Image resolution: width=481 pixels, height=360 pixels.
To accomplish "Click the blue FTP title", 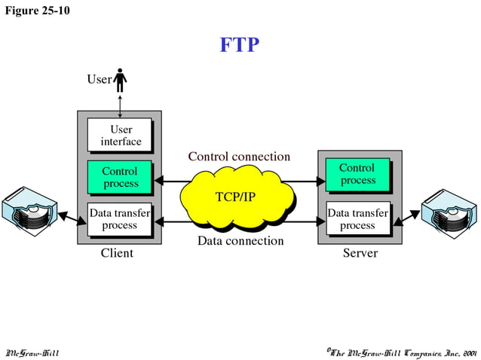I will (240, 45).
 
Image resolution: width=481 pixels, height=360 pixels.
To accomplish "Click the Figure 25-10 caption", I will (37, 11).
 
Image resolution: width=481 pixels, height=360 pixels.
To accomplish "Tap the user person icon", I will (121, 79).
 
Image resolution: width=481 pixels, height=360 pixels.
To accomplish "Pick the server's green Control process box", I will (357, 174).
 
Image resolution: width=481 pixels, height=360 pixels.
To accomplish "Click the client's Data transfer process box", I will (120, 219).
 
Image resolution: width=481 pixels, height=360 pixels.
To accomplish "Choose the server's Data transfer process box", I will (357, 219).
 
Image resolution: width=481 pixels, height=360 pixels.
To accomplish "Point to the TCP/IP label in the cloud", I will (235, 197).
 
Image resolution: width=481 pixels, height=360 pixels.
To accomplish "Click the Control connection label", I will (238, 157).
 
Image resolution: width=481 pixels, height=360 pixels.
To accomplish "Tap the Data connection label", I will (240, 241).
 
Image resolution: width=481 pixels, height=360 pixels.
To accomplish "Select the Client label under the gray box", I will (117, 254).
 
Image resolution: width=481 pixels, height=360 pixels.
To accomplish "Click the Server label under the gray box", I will (360, 254).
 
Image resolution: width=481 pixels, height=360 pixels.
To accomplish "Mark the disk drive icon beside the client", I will (29, 213).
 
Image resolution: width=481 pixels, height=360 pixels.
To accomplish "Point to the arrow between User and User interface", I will (120, 104).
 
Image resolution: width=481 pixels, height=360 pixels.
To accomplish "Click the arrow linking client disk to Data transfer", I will (73, 218).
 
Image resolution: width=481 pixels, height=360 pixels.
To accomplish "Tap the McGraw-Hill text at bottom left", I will (32, 352).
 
